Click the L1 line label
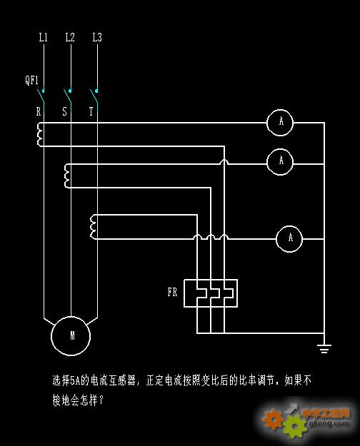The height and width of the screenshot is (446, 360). tap(43, 37)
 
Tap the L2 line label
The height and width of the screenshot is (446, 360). tap(70, 37)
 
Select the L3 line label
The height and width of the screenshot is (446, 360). tap(97, 37)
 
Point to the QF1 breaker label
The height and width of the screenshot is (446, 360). tap(31, 80)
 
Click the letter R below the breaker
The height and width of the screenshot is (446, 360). tap(39, 111)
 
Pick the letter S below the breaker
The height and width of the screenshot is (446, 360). tap(65, 111)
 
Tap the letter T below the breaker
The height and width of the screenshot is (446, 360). tap(91, 111)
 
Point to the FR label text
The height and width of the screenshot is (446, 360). tap(172, 292)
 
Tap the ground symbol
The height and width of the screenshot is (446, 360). tap(324, 348)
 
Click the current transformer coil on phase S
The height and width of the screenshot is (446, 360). tap(66, 176)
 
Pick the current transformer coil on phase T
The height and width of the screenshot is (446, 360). tap(91, 227)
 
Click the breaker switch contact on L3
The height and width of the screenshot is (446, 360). tap(94, 98)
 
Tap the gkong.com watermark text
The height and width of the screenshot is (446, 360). tap(329, 424)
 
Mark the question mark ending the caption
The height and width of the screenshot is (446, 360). tap(100, 400)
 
